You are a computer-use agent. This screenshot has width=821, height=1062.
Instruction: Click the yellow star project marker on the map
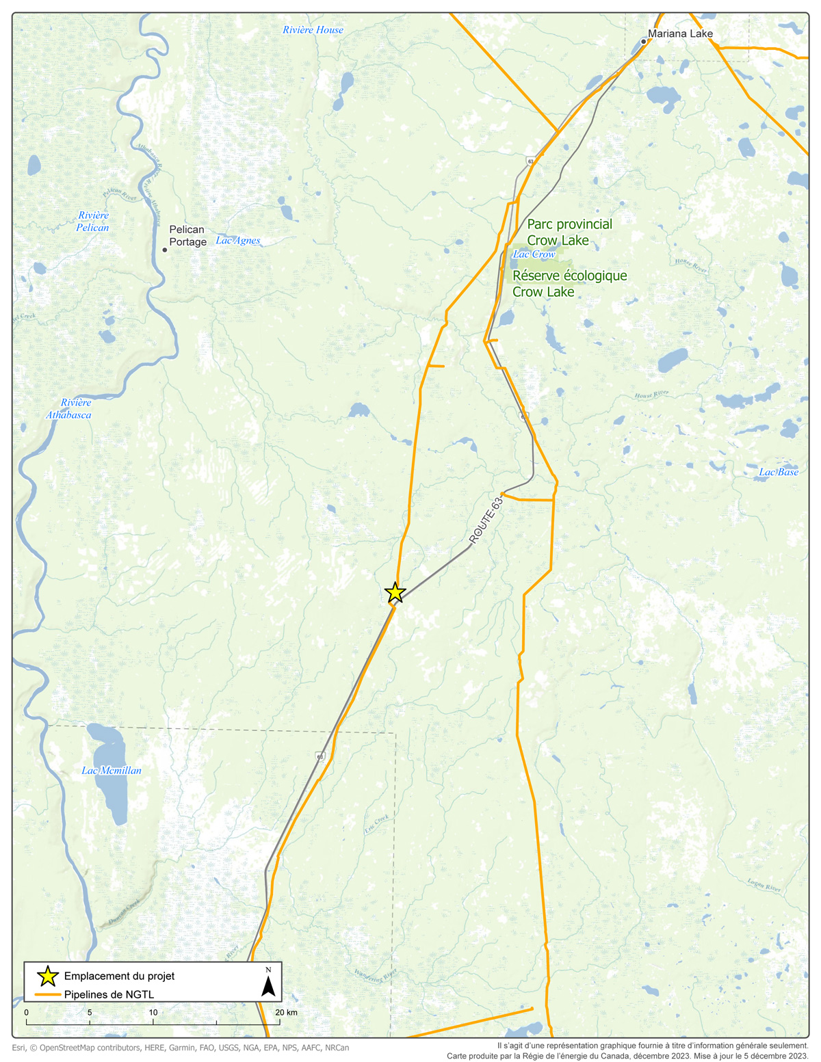[395, 593]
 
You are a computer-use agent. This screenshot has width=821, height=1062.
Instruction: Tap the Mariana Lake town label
[680, 34]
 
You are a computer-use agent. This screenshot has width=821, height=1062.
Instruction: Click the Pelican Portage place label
[187, 236]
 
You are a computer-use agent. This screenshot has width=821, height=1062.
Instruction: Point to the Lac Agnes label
[238, 241]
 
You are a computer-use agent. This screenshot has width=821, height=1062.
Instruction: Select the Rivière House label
[313, 30]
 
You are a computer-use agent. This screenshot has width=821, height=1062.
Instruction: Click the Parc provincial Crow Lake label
[569, 232]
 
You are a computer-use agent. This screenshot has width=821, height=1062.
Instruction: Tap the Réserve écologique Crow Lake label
[570, 284]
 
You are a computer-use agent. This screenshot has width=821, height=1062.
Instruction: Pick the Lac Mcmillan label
[112, 771]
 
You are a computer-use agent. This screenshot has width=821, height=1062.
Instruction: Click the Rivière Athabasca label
[69, 409]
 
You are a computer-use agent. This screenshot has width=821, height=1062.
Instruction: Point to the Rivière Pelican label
[93, 222]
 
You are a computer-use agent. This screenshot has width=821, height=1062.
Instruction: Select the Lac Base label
[779, 473]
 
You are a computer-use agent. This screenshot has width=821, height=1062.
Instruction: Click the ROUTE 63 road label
[486, 521]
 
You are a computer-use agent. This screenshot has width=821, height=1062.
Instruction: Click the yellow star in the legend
[47, 976]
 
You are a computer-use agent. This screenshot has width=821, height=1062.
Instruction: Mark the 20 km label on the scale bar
[286, 1013]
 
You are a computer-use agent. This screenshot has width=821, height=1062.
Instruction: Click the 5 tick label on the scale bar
[90, 1013]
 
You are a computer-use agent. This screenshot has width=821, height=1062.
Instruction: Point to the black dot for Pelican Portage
[165, 250]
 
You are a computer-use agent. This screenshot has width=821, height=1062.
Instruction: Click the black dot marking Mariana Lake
[644, 42]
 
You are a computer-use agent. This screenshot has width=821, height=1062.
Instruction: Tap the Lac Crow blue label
[534, 254]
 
